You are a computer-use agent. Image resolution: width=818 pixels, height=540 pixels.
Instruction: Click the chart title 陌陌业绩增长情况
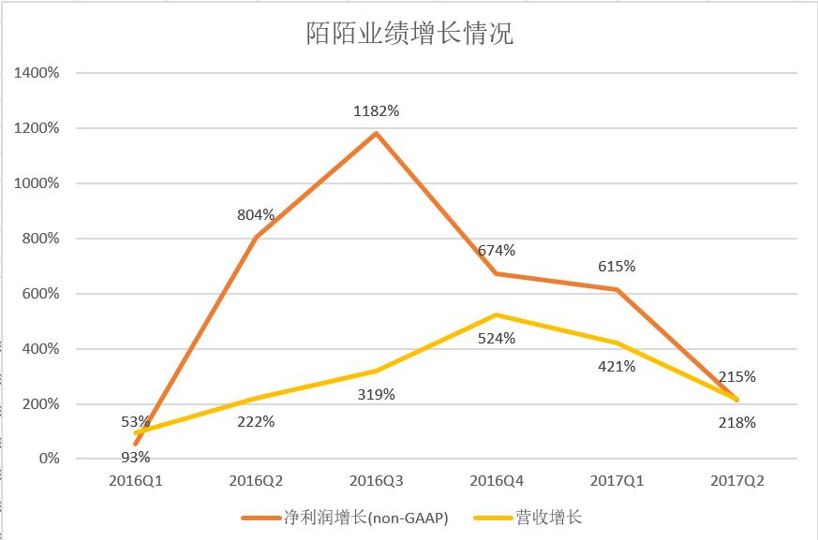409,33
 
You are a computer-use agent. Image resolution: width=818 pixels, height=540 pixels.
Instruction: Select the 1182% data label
376,111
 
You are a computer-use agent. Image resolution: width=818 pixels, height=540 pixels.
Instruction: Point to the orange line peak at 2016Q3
376,133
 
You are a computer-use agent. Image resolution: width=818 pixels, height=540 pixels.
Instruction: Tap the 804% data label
256,214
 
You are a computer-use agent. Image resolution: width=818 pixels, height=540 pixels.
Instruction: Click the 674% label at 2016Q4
497,251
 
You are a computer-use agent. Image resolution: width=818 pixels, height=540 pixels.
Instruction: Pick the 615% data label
617,267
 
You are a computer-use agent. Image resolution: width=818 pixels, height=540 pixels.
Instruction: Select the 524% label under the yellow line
497,338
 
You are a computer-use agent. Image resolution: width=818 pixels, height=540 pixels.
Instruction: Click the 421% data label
617,367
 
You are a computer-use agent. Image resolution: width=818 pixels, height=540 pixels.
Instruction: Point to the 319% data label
376,395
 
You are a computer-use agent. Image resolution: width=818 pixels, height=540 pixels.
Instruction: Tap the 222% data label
256,422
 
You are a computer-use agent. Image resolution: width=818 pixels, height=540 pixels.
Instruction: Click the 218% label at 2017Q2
737,423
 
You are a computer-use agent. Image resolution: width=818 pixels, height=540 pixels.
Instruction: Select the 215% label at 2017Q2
737,377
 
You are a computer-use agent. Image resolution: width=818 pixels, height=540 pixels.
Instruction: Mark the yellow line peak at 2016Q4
497,314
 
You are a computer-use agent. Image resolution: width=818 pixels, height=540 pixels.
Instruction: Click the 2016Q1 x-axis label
136,481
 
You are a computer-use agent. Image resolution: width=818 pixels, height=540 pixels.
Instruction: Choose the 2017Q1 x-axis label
617,481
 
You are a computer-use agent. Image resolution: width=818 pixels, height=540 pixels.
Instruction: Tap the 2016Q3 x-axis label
376,481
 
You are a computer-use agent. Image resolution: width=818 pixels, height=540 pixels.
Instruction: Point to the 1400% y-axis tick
37,73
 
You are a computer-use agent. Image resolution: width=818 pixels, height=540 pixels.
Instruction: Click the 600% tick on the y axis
40,294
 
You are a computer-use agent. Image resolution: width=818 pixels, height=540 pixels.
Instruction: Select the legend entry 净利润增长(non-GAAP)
345,518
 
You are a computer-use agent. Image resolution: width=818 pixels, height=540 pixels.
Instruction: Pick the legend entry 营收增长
528,518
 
